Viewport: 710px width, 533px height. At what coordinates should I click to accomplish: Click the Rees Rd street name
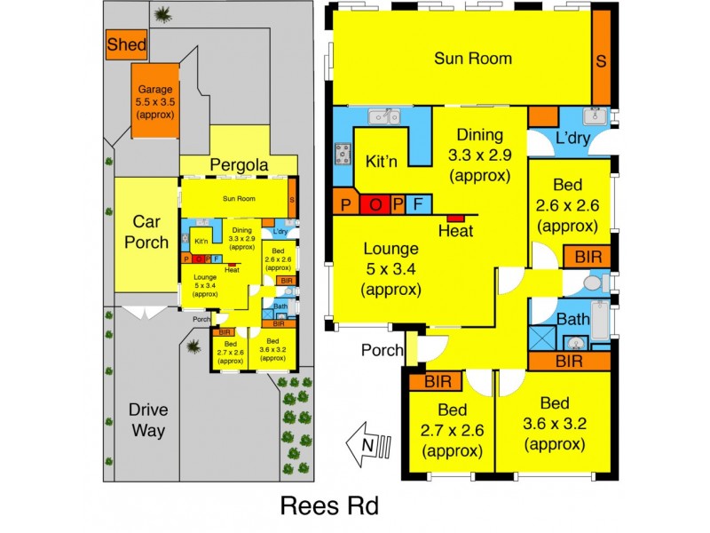coord(329,506)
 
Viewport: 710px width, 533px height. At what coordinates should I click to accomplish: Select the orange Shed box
coord(126,45)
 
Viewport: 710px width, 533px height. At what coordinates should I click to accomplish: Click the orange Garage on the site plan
coord(156,100)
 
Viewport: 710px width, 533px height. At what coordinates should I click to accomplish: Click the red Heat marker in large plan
coord(455,218)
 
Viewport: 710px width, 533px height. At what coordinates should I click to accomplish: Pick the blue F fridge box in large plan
coord(418,204)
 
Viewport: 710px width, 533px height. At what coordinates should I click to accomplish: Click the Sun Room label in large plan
coord(472,59)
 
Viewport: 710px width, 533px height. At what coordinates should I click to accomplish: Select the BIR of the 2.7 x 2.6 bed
coord(438,382)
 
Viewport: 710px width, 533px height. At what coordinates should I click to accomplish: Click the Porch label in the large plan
coord(382,350)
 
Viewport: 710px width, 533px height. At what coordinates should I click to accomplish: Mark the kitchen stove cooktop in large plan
coord(342,155)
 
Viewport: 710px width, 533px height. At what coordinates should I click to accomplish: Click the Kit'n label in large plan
coord(383,162)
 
